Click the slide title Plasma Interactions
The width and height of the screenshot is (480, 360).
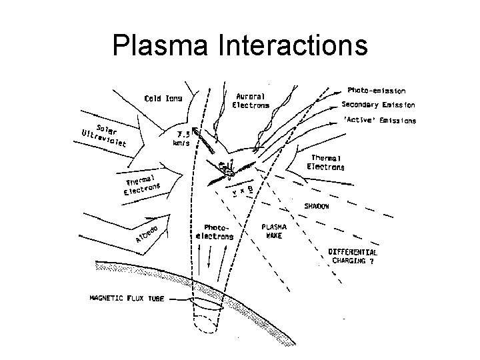(x=240, y=45)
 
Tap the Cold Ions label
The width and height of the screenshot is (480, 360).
(x=164, y=99)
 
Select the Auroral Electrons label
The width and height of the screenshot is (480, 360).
(x=251, y=100)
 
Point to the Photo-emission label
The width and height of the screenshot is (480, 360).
(x=377, y=90)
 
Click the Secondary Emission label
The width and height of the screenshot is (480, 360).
(x=378, y=105)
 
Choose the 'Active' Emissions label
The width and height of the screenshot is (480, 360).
(x=379, y=121)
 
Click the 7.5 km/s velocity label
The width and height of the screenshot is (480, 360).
(x=181, y=137)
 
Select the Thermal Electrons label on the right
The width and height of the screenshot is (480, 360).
(x=325, y=163)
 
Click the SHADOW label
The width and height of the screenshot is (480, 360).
(x=317, y=207)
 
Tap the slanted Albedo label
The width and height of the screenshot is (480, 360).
(x=146, y=234)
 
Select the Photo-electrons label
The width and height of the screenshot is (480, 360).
(x=215, y=232)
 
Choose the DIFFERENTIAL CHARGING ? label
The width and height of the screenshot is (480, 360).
(x=353, y=257)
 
